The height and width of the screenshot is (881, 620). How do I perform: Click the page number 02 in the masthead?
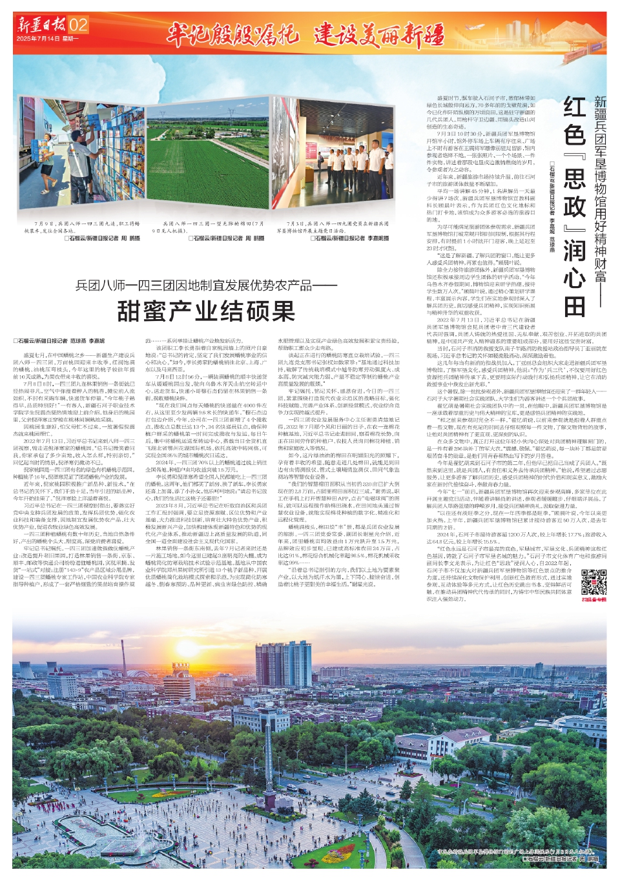[x=78, y=25]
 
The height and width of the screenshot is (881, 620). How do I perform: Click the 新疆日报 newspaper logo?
[x=41, y=25]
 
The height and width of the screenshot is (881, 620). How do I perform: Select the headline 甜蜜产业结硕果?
[x=206, y=311]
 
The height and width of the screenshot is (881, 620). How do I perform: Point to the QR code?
[x=594, y=581]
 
